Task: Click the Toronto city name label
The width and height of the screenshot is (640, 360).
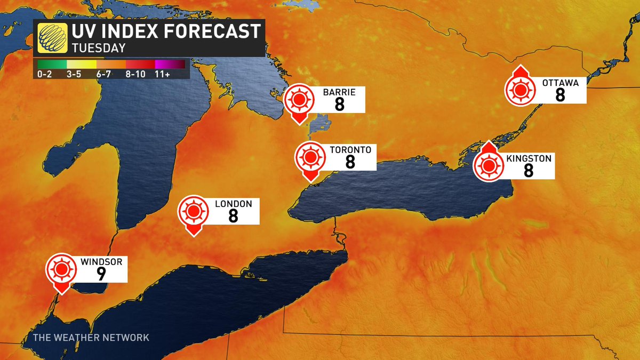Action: (x=350, y=150)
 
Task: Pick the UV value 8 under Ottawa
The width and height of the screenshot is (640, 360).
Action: (x=559, y=95)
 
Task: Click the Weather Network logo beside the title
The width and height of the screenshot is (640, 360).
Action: (x=50, y=38)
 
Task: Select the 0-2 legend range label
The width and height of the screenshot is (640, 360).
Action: (x=45, y=74)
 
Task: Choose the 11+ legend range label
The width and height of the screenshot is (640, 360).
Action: (x=163, y=74)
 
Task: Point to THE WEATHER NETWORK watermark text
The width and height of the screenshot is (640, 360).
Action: (x=91, y=338)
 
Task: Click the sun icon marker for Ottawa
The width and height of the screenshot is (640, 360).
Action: (x=519, y=89)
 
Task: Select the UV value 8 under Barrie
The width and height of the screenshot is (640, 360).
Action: (x=339, y=104)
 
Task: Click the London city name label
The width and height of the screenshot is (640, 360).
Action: (x=229, y=204)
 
